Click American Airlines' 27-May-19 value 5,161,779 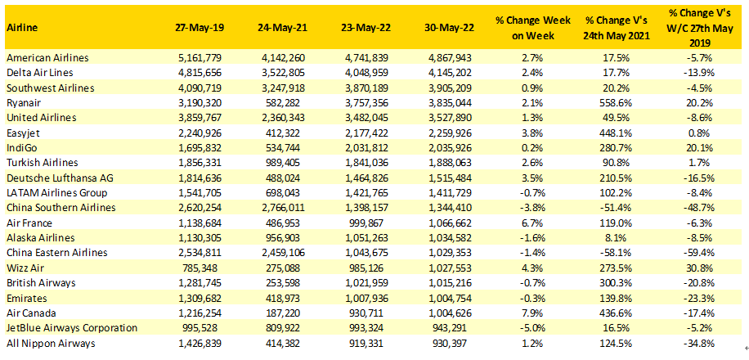tap(200, 58)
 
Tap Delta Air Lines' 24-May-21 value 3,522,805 tap(283, 73)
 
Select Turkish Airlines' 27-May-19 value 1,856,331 tap(200, 162)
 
